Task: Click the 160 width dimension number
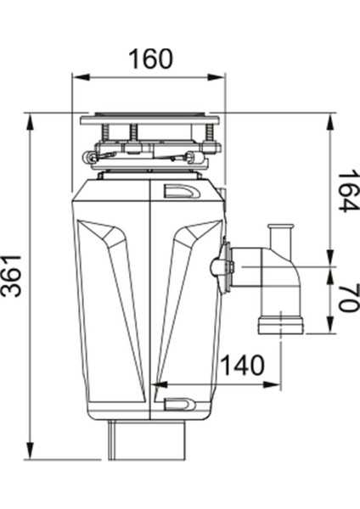pyautogui.click(x=149, y=59)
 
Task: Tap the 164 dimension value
pyautogui.click(x=348, y=191)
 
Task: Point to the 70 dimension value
pyautogui.click(x=348, y=298)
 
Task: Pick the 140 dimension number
pyautogui.click(x=242, y=366)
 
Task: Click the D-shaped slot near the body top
pyautogui.click(x=181, y=192)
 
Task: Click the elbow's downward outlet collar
pyautogui.click(x=279, y=324)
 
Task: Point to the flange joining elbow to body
pyautogui.click(x=225, y=266)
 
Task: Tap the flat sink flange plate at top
pyautogui.click(x=149, y=120)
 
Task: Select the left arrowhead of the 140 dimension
pyautogui.click(x=156, y=385)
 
